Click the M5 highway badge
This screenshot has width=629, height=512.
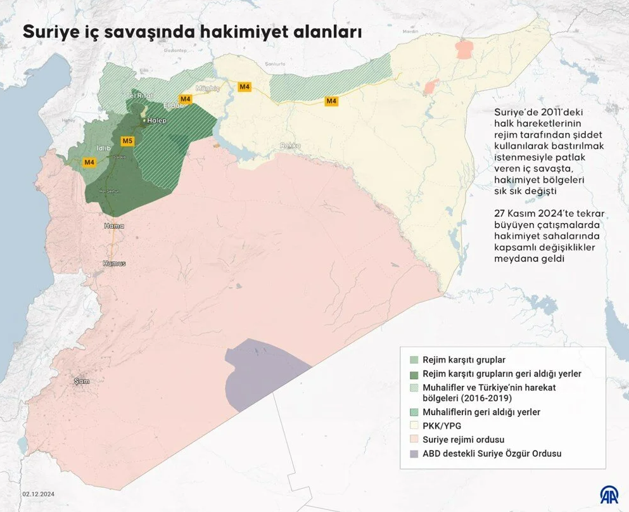127,141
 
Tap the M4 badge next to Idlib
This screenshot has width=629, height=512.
89,162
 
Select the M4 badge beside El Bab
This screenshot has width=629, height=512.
186,99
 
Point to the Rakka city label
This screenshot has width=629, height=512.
291,146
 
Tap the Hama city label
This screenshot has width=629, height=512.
115,226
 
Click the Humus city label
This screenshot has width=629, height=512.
115,263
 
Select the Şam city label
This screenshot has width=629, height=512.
81,381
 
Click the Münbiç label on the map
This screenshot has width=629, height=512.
207,88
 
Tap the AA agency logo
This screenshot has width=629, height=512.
609,494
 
